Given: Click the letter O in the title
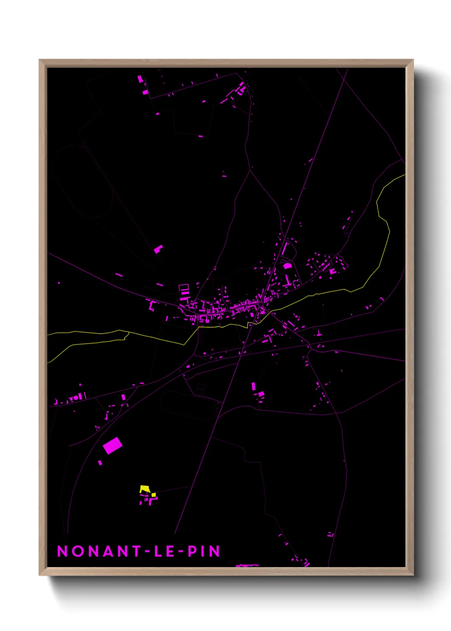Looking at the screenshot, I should [x=78, y=551].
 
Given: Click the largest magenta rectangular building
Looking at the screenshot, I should [x=113, y=446].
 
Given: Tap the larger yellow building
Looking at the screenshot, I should [x=145, y=489].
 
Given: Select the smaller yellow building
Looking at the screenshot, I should [x=153, y=495].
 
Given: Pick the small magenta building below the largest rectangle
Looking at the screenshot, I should [x=100, y=463].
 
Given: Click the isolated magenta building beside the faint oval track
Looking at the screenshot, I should [x=158, y=249].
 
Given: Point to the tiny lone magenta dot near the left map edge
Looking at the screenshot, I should [x=59, y=282].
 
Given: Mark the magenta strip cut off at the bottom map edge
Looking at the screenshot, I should [x=248, y=565].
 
